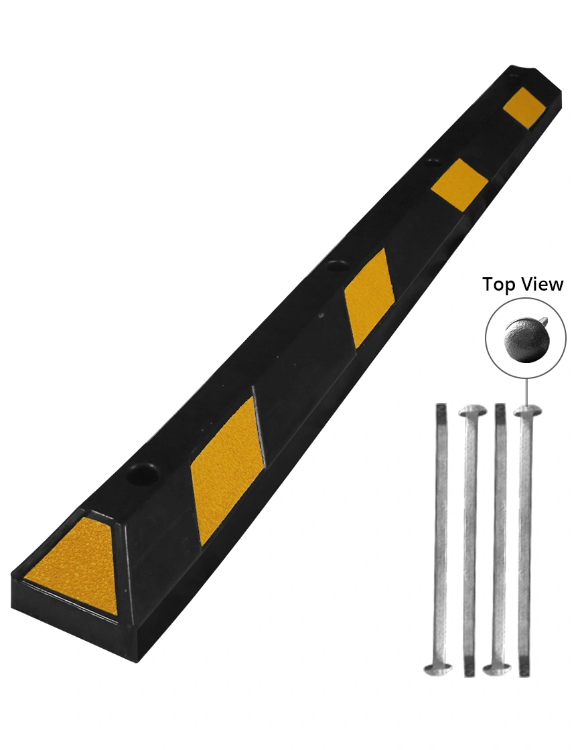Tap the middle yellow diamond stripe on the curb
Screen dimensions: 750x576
click(366, 298)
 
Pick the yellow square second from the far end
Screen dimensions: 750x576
click(459, 183)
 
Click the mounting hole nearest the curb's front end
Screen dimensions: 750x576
click(144, 473)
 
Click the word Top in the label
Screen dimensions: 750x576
click(500, 285)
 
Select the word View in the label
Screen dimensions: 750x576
click(542, 285)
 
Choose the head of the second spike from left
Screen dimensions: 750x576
click(471, 410)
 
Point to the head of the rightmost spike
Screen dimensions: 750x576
click(527, 410)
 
